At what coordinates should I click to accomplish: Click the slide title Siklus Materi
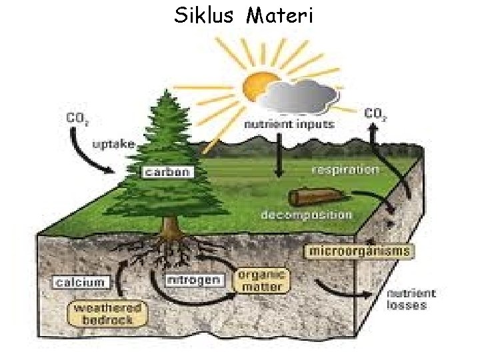coord(243,14)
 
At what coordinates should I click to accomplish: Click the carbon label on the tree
coord(167,172)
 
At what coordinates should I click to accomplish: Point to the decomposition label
coord(306,215)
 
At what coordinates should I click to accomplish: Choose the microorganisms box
coord(359,251)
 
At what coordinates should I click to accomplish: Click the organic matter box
coord(263,281)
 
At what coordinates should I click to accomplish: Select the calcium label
coord(81,282)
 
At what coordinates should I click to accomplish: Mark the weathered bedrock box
coord(107,313)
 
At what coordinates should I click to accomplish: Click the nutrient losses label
coord(411,299)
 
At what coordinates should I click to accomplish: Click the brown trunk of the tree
coord(172,227)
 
